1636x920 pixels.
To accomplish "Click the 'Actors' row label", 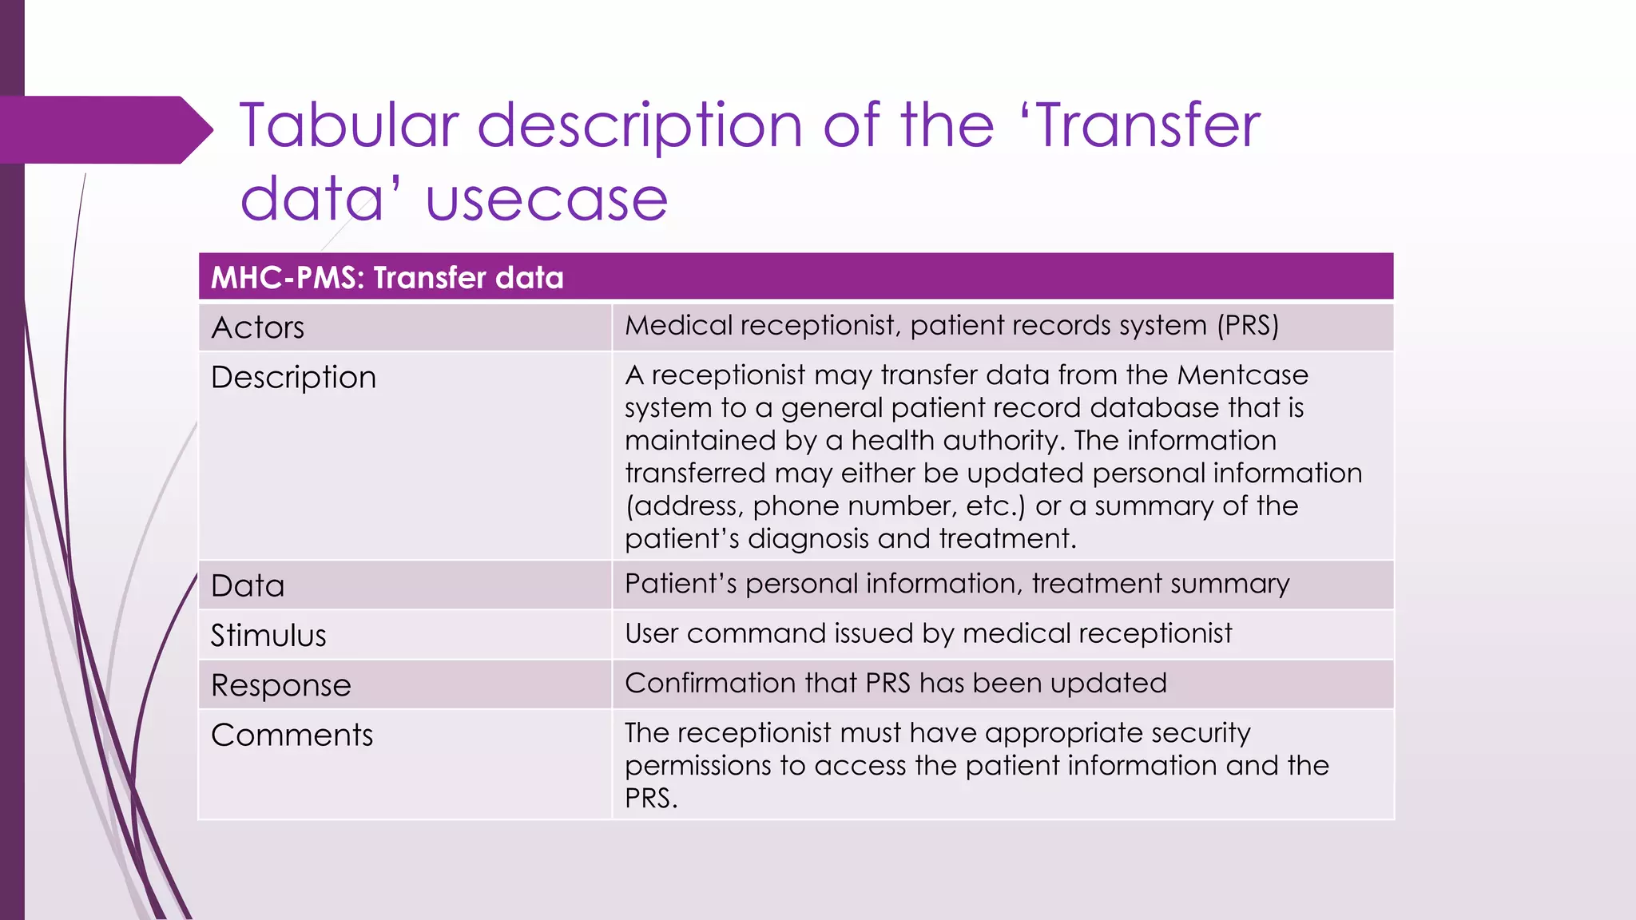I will [257, 328].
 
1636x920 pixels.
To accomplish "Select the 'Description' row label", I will [293, 378].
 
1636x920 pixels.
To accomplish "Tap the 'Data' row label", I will [248, 586].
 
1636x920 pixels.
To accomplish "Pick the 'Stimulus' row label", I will [268, 636].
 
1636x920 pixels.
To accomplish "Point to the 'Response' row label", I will [280, 685].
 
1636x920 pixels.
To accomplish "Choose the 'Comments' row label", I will [292, 735].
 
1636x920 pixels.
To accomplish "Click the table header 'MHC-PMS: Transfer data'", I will [387, 278].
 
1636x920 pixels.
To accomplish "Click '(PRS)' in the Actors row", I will [1248, 326].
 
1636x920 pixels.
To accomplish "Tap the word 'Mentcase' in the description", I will [1242, 375].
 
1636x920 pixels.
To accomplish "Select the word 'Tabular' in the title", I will [349, 125].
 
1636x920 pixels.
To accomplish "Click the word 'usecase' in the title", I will [546, 200].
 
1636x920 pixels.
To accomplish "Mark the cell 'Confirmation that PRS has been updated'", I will [895, 684].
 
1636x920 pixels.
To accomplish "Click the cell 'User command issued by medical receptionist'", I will [928, 634].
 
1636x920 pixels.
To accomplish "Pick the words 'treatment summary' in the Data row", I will [1160, 584].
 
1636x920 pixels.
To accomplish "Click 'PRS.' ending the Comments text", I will [651, 799].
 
